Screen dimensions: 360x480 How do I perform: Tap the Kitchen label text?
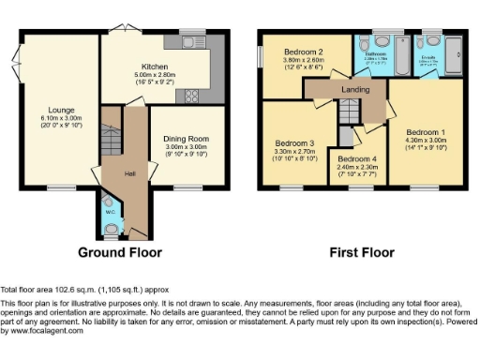coord(154,67)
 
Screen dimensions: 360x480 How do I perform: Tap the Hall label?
coord(132,172)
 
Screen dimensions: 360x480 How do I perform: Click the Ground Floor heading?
coord(119,253)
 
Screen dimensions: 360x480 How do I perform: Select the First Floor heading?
coord(360,253)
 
